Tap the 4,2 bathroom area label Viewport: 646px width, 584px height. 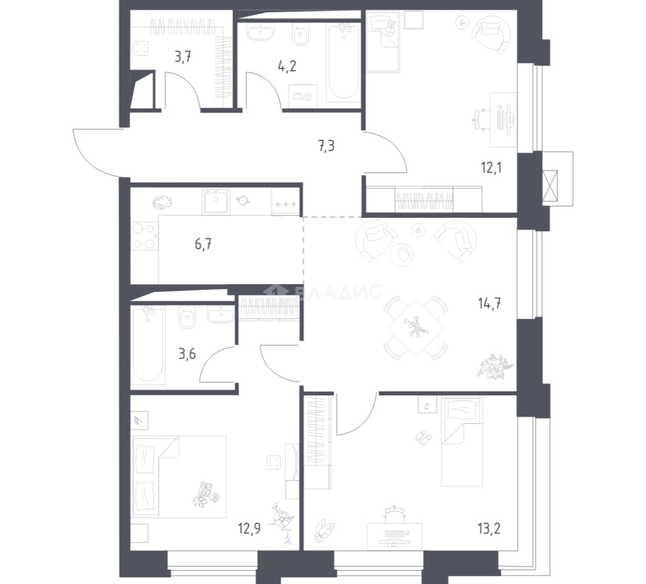[287, 66]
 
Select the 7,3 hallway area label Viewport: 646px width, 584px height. [326, 146]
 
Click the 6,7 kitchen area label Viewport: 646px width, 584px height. [203, 244]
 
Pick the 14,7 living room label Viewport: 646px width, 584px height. [490, 304]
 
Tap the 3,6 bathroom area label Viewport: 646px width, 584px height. [187, 354]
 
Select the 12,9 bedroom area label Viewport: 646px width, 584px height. [249, 528]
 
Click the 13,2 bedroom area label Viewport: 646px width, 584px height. [490, 528]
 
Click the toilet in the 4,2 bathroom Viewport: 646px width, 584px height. [301, 34]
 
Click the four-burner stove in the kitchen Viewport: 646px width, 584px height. [144, 236]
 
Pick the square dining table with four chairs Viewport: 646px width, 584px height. [416, 328]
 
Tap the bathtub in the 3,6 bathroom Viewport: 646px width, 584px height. [147, 343]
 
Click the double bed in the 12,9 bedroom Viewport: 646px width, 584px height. [179, 476]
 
